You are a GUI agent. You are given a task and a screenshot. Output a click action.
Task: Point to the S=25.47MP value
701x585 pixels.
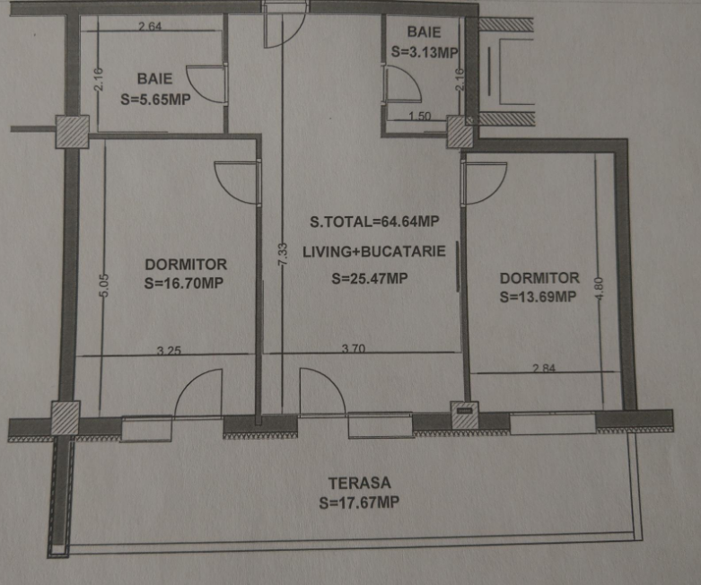369,279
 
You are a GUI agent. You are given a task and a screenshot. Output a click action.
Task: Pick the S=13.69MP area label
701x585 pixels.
538,297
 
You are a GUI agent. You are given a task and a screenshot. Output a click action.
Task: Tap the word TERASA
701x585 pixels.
359,483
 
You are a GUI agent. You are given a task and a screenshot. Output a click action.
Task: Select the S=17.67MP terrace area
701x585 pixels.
359,503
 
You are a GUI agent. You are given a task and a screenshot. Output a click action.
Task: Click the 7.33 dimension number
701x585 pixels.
282,256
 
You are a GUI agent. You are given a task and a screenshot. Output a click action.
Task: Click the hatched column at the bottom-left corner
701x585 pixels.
66,418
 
